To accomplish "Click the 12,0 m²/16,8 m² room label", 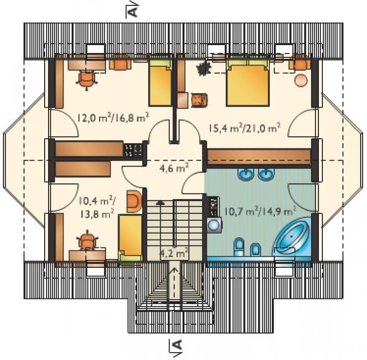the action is click(113, 118).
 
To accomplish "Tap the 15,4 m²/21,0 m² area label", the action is click(245, 128).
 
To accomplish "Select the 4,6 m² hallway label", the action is click(175, 168).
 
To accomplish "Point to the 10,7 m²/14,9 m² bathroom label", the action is click(260, 211).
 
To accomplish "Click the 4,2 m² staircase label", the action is click(174, 253).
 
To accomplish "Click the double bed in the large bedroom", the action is click(247, 83).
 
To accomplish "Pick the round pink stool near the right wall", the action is click(301, 80).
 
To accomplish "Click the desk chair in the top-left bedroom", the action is click(87, 79).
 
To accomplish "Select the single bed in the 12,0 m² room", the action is click(160, 83).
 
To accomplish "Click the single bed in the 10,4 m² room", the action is click(130, 238).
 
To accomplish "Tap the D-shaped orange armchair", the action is click(134, 201).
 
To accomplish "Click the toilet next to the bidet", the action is click(239, 247).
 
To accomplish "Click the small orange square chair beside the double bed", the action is click(199, 101).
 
